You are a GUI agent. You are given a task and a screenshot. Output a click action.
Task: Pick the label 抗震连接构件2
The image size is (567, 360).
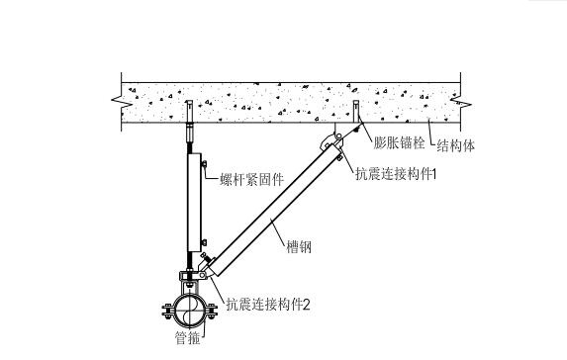tap(268, 304)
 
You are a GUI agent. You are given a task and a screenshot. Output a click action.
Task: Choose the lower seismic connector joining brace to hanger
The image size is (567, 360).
tap(207, 266)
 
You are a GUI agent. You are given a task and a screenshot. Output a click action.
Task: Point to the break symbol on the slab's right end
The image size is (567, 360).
tap(458, 101)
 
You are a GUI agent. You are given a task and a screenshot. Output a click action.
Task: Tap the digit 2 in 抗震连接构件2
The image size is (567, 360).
tap(307, 304)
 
